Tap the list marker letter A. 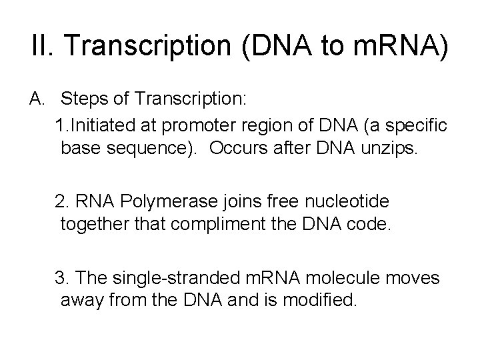point(37,99)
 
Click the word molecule point(343,277)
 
